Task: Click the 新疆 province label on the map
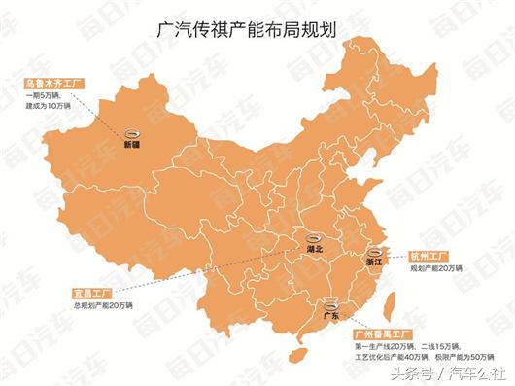pos(131,145)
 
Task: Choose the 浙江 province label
pos(375,262)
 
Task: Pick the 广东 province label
pos(329,316)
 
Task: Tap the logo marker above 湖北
pos(313,237)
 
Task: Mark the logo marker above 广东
pos(329,304)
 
